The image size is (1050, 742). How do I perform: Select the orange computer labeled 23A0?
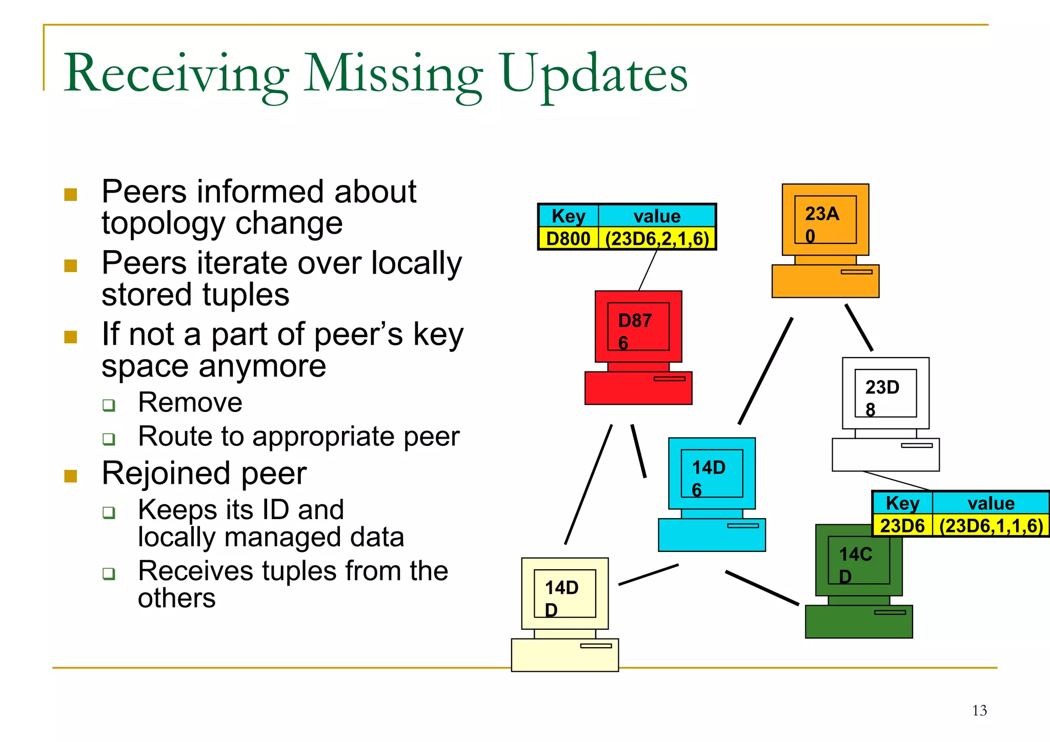pos(825,240)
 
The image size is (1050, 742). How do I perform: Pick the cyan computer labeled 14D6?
pos(712,494)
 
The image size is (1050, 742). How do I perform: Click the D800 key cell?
pos(568,239)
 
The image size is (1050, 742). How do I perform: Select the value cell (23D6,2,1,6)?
pos(657,239)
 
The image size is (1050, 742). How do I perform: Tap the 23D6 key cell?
pos(902,526)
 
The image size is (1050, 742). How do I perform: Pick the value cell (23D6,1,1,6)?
pos(991,526)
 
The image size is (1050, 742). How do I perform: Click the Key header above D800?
pos(568,216)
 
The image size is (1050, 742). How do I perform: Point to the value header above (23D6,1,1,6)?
pos(991,503)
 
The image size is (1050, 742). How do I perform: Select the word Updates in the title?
pos(594,75)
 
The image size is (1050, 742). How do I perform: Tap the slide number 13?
pos(979,711)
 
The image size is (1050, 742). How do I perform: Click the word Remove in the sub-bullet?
pos(190,402)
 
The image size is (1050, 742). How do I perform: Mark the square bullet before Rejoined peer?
pos(71,476)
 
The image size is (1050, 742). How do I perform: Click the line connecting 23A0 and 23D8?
pos(859,327)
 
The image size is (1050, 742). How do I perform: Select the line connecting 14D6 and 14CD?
pos(762,588)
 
